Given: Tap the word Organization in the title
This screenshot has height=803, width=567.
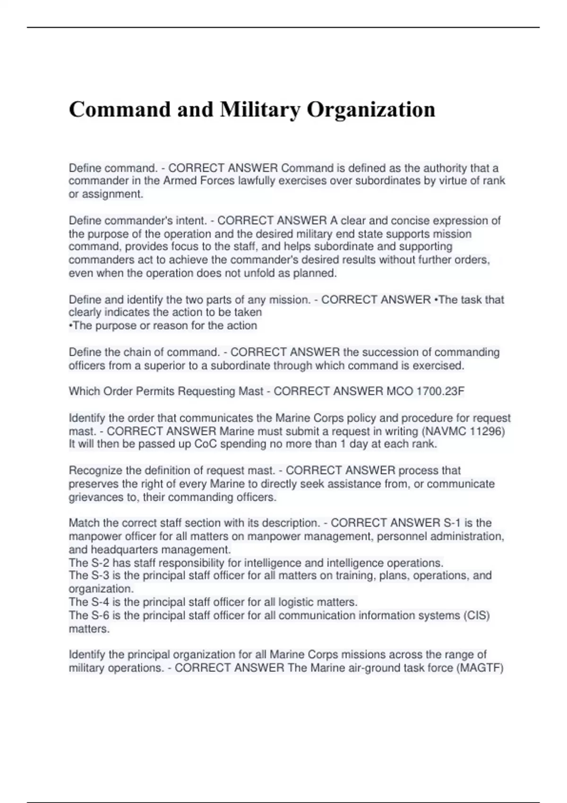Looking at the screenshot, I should [371, 110].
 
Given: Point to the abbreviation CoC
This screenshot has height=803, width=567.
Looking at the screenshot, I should [206, 444].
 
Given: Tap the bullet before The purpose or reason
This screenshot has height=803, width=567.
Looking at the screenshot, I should [71, 326].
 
